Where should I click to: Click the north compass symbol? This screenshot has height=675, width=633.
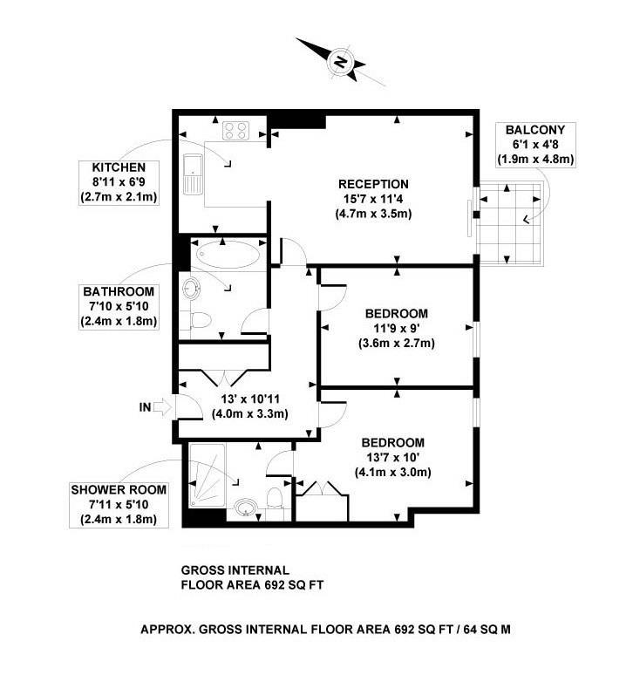pyautogui.click(x=341, y=61)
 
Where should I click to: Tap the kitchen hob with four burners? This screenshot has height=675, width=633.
pyautogui.click(x=235, y=131)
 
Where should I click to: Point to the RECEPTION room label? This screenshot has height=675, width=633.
pyautogui.click(x=373, y=184)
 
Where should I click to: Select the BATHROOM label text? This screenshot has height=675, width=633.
pyautogui.click(x=119, y=291)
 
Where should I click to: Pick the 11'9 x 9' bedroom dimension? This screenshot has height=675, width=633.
pyautogui.click(x=396, y=329)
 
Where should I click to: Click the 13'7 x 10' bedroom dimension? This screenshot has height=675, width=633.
pyautogui.click(x=394, y=457)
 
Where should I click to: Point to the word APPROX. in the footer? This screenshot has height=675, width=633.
pyautogui.click(x=167, y=629)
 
